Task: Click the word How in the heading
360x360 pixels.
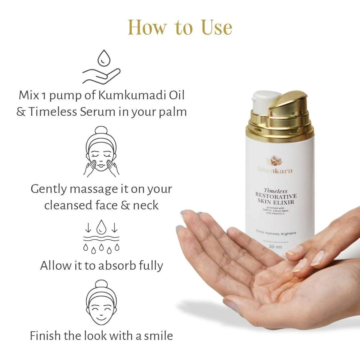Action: [x=147, y=28]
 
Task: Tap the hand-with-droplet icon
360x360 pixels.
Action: [x=101, y=67]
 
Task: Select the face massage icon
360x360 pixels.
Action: [x=101, y=152]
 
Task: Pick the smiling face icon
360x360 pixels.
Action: [x=101, y=303]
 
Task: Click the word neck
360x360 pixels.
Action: [x=146, y=205]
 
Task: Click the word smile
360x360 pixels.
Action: [x=158, y=335]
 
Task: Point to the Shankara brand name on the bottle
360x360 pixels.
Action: [x=275, y=170]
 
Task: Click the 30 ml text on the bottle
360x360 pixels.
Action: [x=275, y=247]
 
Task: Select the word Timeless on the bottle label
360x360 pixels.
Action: [x=275, y=191]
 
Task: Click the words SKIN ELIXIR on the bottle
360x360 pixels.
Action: [x=276, y=202]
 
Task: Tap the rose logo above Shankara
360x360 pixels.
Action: [x=275, y=161]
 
